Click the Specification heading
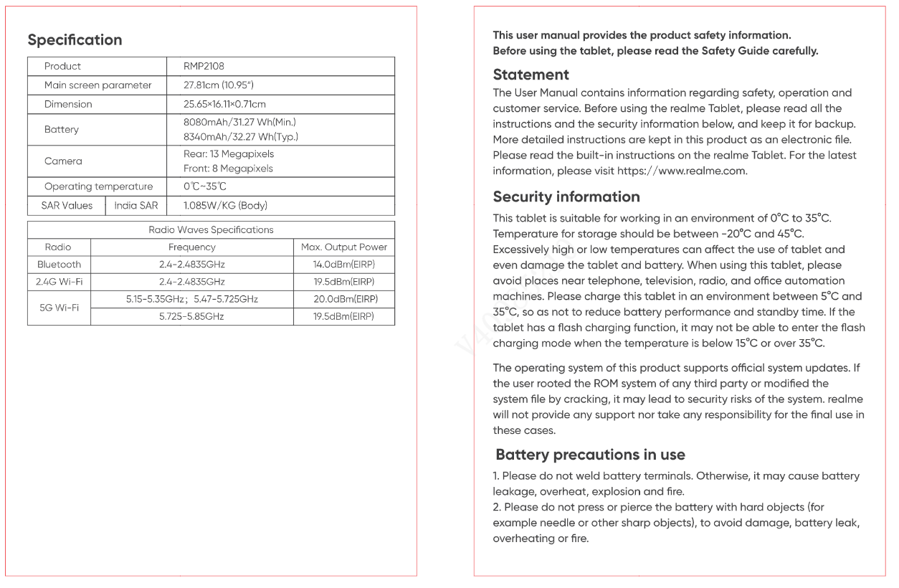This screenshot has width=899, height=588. click(75, 40)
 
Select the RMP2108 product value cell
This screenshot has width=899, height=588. click(204, 66)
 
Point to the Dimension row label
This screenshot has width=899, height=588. click(68, 104)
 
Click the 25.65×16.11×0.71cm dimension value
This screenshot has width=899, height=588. click(224, 104)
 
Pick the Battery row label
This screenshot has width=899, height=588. click(62, 130)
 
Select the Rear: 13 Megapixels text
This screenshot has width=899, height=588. click(229, 154)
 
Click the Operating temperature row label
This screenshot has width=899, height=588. click(98, 186)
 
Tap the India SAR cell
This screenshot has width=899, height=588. click(136, 206)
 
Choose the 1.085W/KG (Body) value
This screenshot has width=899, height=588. click(225, 206)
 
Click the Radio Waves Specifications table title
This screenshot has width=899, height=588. click(211, 230)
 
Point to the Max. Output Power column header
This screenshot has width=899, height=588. click(344, 247)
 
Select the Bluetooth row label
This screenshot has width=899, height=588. click(59, 265)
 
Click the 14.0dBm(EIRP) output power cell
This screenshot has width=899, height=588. click(344, 265)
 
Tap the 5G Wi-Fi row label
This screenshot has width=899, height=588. click(59, 308)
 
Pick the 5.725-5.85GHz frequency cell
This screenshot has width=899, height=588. click(191, 316)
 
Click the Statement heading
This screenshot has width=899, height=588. click(531, 75)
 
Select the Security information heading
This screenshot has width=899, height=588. click(566, 197)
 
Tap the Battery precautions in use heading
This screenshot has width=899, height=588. click(590, 455)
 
